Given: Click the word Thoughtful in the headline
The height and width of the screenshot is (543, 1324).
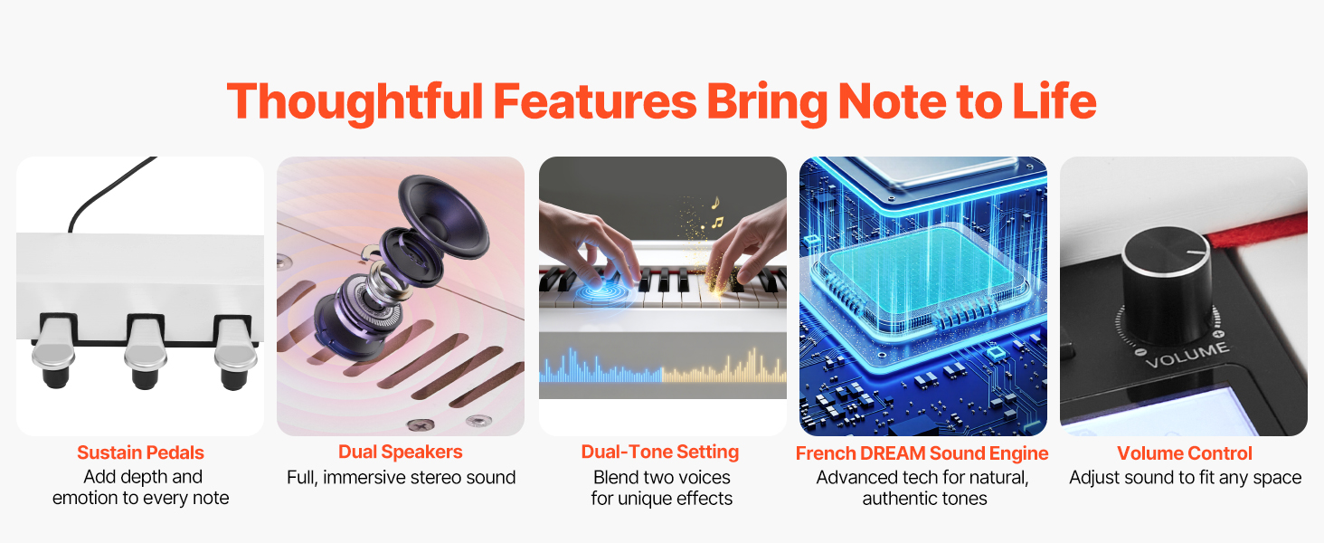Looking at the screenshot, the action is pos(355,102).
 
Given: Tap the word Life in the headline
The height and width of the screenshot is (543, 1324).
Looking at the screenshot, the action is pos(1054,100).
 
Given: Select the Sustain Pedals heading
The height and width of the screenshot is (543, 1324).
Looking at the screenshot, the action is pos(141,452).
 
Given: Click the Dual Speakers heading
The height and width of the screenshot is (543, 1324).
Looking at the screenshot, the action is pos(400,452).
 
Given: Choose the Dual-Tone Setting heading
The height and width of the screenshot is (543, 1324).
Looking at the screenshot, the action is pos(659,452).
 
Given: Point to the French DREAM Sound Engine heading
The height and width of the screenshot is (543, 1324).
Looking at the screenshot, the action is pos(922,453).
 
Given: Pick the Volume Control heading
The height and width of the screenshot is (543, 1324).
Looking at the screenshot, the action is pos(1185,453).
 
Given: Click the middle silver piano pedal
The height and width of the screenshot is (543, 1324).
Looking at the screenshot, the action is pos(144,351).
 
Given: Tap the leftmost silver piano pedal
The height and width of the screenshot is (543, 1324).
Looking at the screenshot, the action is pos(53,351).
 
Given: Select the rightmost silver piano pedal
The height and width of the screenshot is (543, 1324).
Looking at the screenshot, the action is pos(235,353).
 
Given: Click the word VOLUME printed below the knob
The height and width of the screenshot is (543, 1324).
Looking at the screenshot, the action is pos(1188,355).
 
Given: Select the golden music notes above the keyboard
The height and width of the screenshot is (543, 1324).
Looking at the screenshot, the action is pos(715,213).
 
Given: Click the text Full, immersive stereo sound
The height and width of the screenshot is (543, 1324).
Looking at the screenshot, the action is pos(402,477).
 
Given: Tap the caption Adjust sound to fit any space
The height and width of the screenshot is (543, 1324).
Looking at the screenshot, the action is pos(1185,477).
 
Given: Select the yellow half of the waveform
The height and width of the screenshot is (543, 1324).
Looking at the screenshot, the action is pos(724,367).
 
